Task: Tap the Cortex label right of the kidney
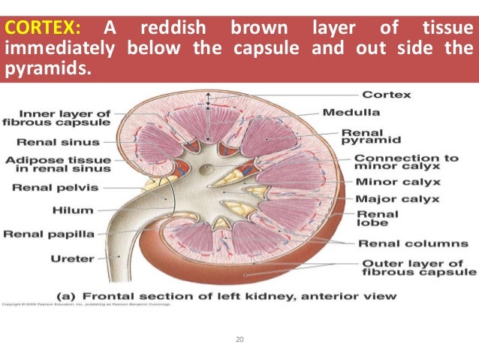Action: click(x=387, y=95)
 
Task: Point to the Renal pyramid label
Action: click(x=371, y=135)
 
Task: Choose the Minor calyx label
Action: click(x=398, y=183)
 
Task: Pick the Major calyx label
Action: click(x=397, y=199)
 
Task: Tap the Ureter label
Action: click(x=73, y=258)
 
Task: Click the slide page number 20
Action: click(x=239, y=340)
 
